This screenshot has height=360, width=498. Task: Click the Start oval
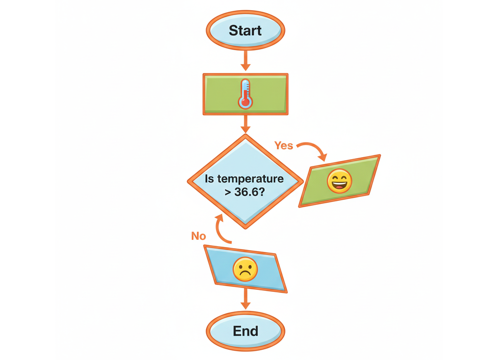tap(245, 30)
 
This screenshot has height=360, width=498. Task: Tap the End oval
tap(245, 331)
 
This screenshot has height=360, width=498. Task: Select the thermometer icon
tap(245, 93)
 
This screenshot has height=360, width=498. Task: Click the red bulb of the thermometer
tap(245, 102)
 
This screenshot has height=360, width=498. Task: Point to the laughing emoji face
tap(339, 181)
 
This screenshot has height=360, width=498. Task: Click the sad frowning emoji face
tap(245, 269)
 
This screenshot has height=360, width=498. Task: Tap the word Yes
tap(284, 145)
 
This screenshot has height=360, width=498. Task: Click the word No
tap(198, 236)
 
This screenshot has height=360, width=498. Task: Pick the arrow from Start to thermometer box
tap(245, 60)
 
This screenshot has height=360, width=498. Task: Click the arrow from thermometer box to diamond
tap(245, 125)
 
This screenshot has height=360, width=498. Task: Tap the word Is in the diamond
tap(210, 179)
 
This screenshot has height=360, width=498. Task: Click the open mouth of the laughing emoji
tap(339, 185)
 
